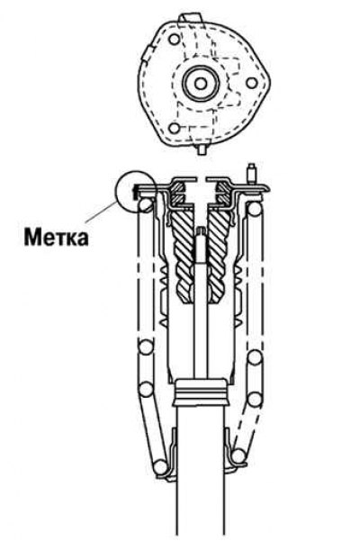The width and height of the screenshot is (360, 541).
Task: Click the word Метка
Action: tap(56, 238)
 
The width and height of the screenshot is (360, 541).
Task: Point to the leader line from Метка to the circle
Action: tap(102, 212)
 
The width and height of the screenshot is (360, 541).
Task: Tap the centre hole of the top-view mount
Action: tap(201, 83)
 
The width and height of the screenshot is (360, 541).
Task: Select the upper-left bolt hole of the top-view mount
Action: tap(175, 39)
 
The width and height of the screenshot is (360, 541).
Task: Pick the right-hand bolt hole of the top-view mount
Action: tap(252, 83)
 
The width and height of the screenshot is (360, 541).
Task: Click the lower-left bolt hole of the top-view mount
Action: tap(175, 129)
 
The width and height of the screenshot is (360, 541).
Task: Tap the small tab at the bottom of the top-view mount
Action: tap(202, 149)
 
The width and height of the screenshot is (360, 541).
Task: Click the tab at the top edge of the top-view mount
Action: tap(190, 18)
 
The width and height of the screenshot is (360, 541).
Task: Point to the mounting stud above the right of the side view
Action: tap(252, 174)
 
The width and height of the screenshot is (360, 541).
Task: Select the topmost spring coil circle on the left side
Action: tap(146, 204)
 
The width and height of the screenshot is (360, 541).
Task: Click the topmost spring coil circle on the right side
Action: tap(254, 209)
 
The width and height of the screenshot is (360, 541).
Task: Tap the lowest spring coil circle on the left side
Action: tap(160, 467)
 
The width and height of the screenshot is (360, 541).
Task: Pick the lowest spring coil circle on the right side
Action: tap(238, 456)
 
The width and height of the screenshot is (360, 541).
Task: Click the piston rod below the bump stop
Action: tap(201, 340)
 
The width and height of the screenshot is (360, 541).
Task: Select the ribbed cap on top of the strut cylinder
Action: tap(201, 392)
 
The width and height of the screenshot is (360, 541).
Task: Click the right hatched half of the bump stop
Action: tap(218, 256)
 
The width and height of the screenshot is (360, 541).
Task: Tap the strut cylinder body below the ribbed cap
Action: tap(201, 473)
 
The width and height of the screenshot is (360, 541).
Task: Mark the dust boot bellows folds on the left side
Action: tap(164, 297)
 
